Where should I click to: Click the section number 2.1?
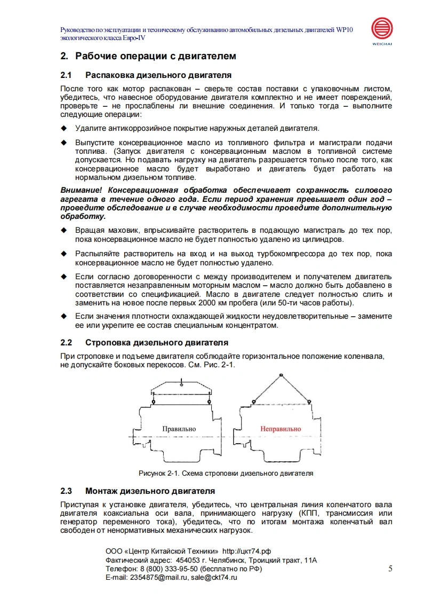66,75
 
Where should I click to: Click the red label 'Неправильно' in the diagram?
281,429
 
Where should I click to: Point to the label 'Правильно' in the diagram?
179,429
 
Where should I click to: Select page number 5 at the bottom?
390,569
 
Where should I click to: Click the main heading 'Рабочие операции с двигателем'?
155,56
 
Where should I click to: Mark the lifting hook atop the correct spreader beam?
182,381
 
